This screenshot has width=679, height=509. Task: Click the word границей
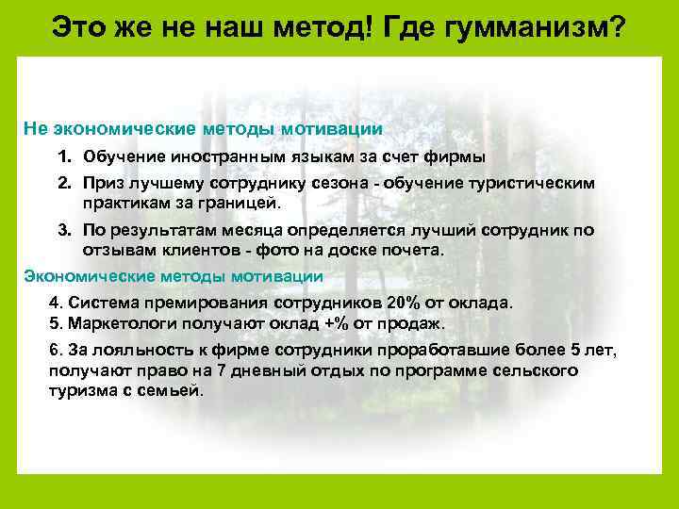tap(238, 202)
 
